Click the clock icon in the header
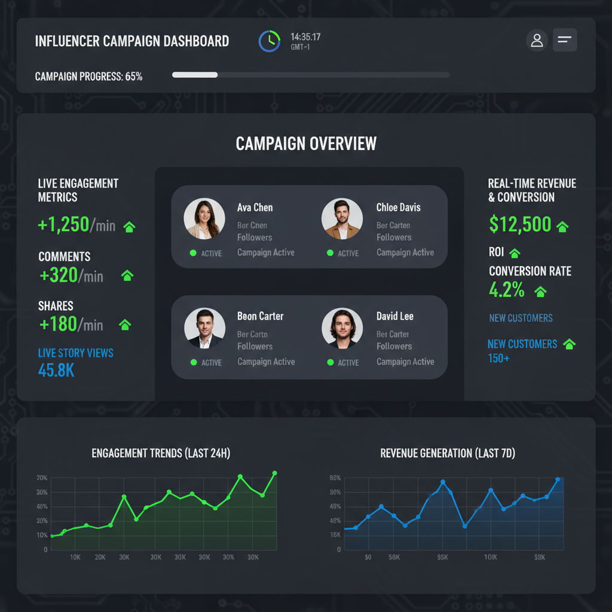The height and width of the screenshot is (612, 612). point(269,41)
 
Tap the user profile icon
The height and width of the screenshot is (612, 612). point(537,41)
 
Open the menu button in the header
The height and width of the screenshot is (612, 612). point(565,40)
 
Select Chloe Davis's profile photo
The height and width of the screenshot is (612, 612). point(342,219)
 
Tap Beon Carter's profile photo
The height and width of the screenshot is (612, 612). point(204,328)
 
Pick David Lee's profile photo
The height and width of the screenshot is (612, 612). point(342,328)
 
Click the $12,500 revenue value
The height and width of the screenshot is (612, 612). point(520,224)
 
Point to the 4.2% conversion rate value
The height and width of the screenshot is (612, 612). point(507,290)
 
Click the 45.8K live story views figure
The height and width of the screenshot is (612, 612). point(56,370)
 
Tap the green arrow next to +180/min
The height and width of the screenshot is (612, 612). point(125,325)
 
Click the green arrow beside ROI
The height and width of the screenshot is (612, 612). point(515,253)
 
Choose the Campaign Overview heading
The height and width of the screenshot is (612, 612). point(306,143)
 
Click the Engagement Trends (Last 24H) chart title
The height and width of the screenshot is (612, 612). point(161,453)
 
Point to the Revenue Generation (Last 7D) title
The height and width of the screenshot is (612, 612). point(448,453)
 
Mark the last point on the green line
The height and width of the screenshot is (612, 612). point(274,473)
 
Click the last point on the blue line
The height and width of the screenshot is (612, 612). point(558,479)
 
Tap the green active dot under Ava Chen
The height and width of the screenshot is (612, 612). point(193,253)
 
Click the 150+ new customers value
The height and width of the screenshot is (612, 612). point(499,358)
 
